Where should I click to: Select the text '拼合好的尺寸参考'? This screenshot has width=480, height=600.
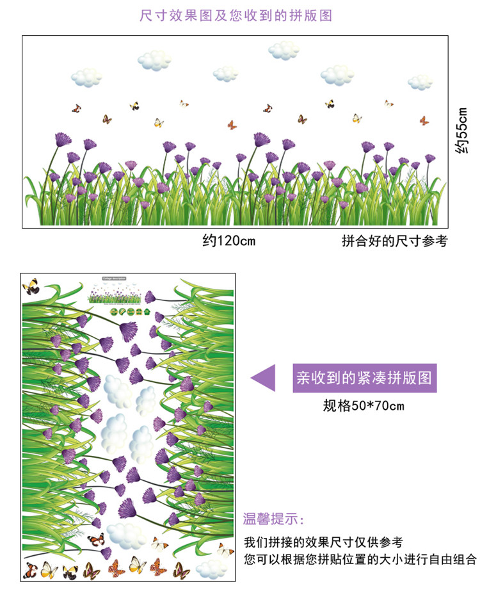[394, 241]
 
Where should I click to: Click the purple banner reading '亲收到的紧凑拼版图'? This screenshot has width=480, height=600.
[363, 378]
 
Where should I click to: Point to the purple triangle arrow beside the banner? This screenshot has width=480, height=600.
[263, 378]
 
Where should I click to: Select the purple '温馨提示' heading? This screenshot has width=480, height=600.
[274, 518]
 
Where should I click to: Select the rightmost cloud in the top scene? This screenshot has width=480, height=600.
[421, 82]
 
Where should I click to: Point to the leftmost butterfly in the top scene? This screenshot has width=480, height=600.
[77, 108]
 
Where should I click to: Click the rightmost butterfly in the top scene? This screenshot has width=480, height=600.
[424, 120]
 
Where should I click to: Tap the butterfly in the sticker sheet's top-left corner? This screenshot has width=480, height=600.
[31, 286]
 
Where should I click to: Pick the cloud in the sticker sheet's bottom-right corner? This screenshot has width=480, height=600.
[211, 568]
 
